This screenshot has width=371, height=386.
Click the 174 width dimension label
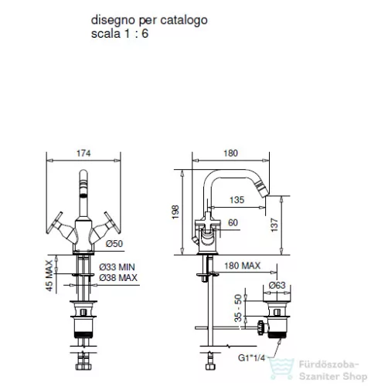point(83,153)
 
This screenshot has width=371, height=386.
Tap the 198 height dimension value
point(175,212)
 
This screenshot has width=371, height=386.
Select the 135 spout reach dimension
point(237,200)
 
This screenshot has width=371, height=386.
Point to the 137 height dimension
point(274,225)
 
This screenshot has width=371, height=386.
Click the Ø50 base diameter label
point(114,243)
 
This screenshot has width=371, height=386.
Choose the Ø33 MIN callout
point(117,267)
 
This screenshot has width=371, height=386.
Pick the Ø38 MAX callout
point(118,278)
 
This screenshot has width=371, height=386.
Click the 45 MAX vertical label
point(49,276)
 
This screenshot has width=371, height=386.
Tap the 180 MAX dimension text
point(242,266)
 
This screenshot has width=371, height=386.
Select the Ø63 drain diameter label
point(277,285)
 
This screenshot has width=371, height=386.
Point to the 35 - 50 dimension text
point(238,308)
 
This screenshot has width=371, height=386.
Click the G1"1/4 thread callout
point(251,357)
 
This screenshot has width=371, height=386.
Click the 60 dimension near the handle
point(233,222)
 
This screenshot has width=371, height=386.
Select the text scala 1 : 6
point(120,34)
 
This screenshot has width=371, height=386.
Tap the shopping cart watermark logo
point(281,369)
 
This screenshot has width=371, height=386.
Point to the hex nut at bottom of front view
point(83,367)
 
